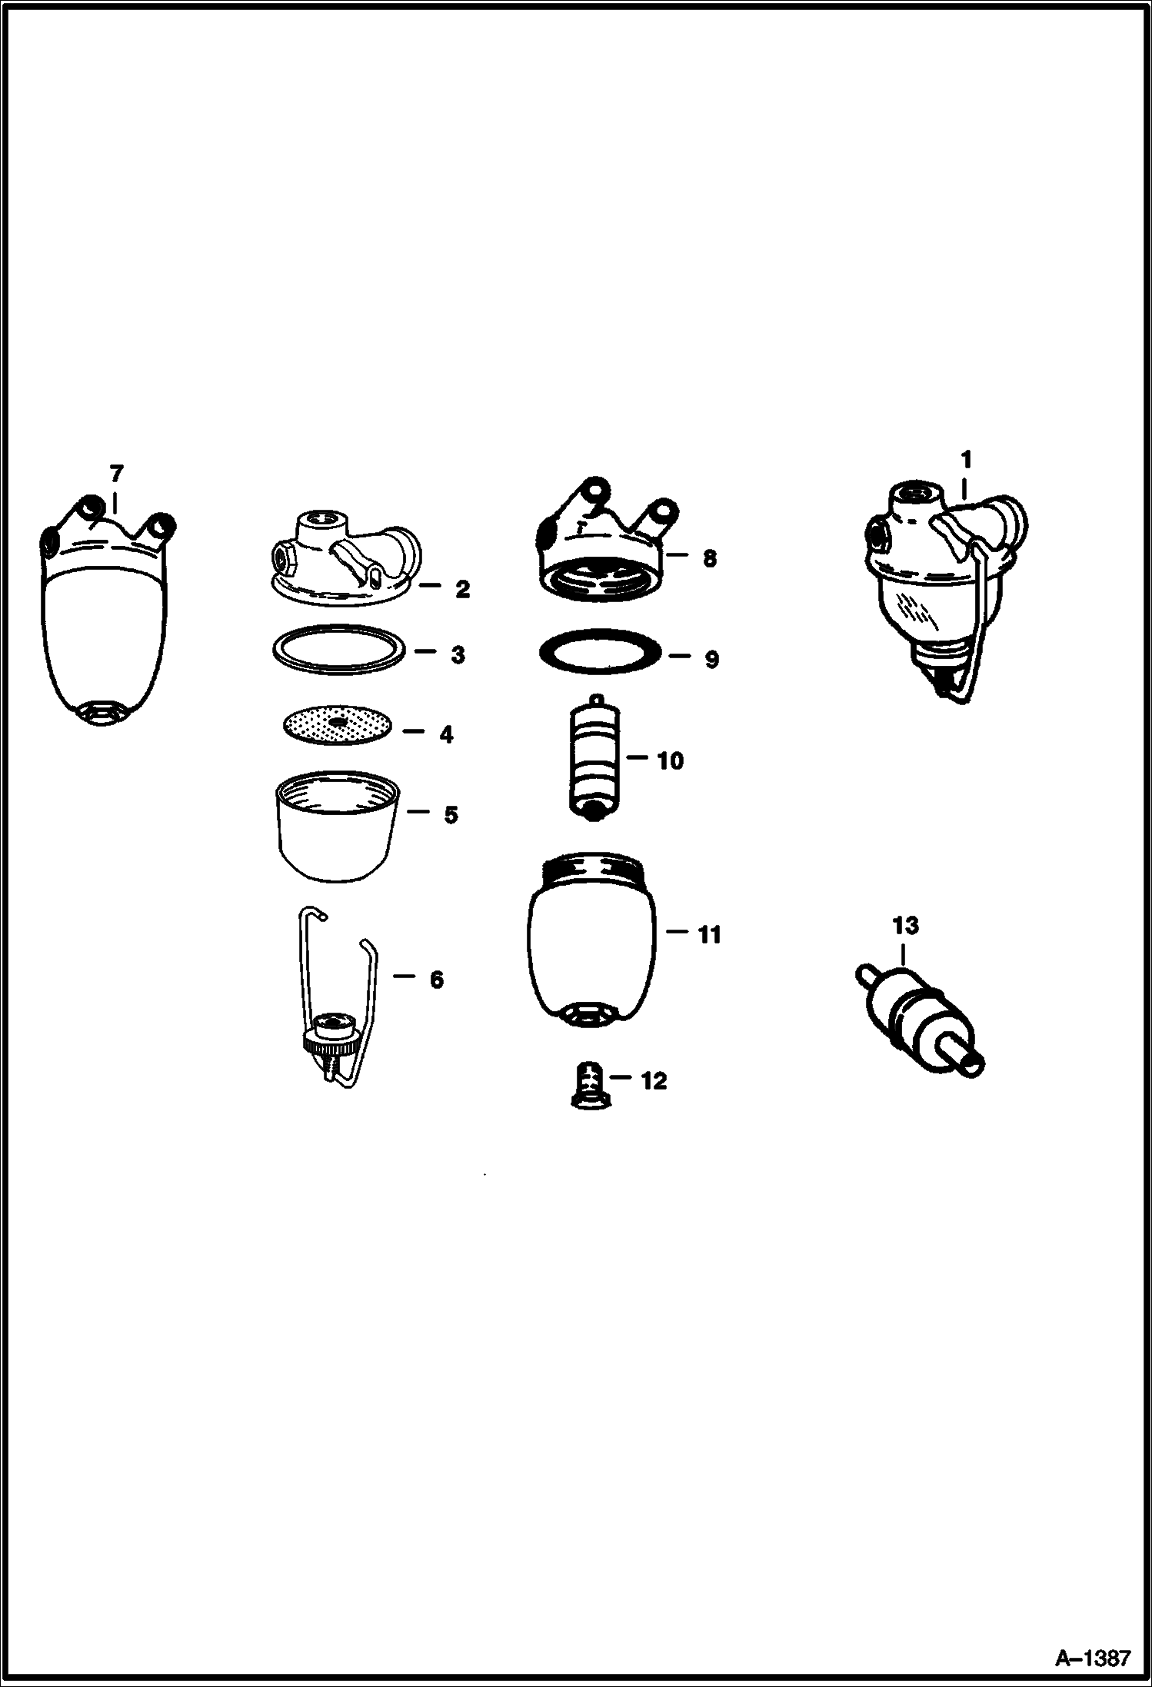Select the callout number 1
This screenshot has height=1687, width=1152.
point(966,460)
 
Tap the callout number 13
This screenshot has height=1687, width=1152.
point(905,926)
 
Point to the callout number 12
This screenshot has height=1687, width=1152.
point(654,1080)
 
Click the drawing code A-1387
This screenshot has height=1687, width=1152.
point(1093,1658)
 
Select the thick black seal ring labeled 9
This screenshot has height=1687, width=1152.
point(600,652)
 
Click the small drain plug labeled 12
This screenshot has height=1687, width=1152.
point(591,1087)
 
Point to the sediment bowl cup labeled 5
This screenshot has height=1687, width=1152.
point(338,827)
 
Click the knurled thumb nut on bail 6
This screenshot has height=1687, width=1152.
point(331,1044)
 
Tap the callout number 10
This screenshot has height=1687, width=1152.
point(670,760)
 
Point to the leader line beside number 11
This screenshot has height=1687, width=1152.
point(677,931)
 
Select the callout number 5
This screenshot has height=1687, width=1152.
point(451,814)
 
